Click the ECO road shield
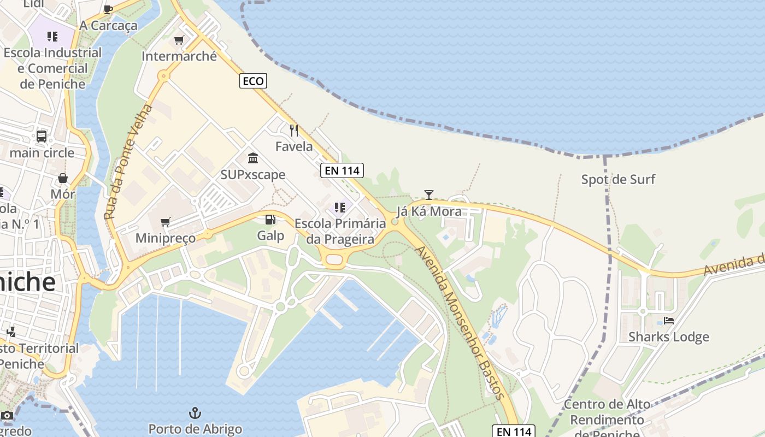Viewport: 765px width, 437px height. click(x=253, y=81)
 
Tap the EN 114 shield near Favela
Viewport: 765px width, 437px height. click(x=342, y=170)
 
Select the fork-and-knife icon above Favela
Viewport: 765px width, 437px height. click(x=294, y=130)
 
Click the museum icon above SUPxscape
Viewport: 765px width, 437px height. click(x=253, y=158)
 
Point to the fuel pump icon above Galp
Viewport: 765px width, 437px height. click(x=270, y=220)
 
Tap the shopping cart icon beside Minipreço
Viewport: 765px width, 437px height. click(x=166, y=222)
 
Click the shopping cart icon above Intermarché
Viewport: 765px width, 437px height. click(x=179, y=40)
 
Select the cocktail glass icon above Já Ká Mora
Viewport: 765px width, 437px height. click(x=429, y=194)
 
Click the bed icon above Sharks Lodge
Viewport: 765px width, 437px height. click(x=669, y=320)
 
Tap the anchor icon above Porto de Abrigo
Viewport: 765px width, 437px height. click(x=195, y=412)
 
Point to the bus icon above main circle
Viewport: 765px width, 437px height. click(x=42, y=136)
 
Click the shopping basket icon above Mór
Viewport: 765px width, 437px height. click(x=63, y=178)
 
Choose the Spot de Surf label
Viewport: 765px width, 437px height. click(x=618, y=179)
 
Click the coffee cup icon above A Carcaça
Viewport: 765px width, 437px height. click(x=108, y=9)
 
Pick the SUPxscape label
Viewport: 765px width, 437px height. click(x=253, y=174)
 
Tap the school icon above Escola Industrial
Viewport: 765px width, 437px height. click(x=52, y=37)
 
